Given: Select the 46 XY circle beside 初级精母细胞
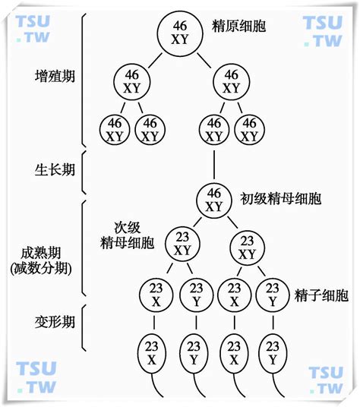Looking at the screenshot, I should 214,199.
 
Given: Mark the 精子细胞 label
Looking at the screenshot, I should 321,295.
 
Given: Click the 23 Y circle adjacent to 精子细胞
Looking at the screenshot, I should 270,295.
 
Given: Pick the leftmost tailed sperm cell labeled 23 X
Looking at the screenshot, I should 152,350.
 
